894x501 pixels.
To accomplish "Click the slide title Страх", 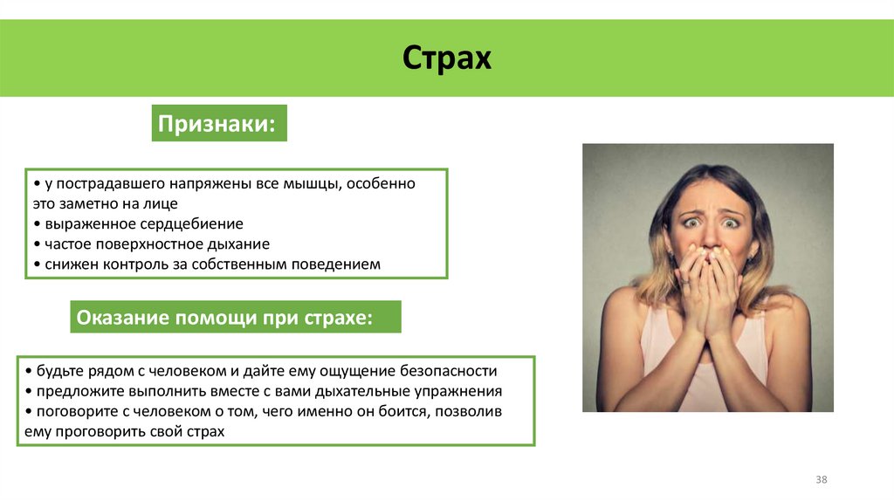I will [447, 59].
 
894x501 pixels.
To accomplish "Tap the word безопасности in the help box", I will [448, 369].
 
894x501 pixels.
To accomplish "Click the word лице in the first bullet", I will [164, 203].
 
